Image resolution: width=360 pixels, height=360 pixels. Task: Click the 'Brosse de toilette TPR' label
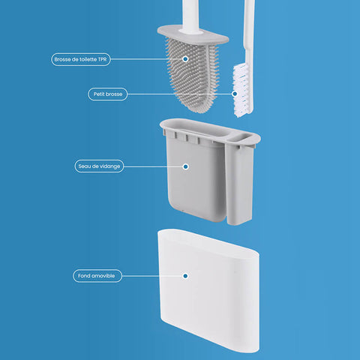(81, 59)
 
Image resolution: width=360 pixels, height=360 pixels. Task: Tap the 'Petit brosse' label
(108, 94)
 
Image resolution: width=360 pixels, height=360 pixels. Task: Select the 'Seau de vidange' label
(99, 166)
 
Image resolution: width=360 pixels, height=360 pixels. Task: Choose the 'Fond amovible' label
(97, 276)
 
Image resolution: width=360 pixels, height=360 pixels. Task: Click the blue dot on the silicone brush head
(185, 59)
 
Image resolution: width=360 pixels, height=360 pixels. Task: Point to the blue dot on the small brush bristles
(235, 94)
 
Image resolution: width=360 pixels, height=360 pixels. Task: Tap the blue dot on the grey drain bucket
(185, 166)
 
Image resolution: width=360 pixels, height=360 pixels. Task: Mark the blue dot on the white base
(185, 276)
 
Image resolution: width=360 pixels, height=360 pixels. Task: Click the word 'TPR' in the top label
(102, 59)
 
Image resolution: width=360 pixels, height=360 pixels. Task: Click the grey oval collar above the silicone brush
(193, 35)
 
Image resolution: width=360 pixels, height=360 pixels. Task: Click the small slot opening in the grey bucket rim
(243, 137)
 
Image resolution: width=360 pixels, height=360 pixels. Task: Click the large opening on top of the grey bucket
(197, 130)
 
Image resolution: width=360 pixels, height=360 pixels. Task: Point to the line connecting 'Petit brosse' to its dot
(179, 94)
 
